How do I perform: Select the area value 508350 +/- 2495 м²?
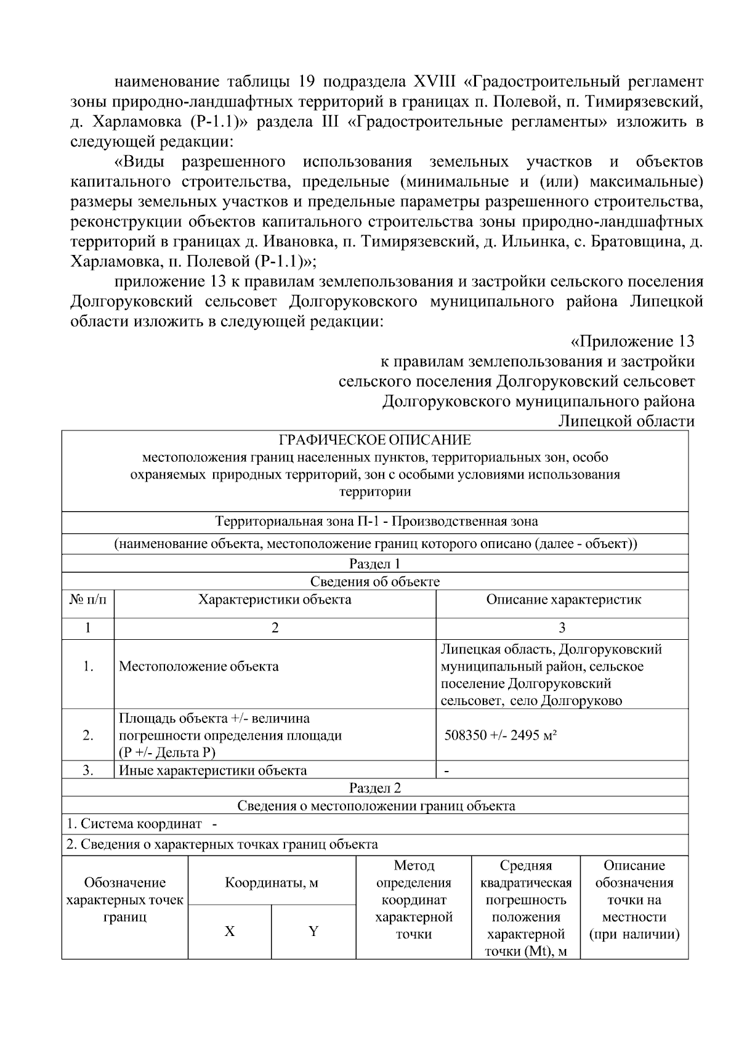pyautogui.click(x=501, y=735)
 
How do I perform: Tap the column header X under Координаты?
pyautogui.click(x=229, y=931)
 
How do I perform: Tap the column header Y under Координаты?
pyautogui.click(x=313, y=931)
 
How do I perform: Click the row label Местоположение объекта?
pyautogui.click(x=198, y=666)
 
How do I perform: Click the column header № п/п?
pyautogui.click(x=87, y=600)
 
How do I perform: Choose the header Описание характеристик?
pyautogui.click(x=563, y=600)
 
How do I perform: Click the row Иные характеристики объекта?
pyautogui.click(x=212, y=770)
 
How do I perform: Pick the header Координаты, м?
pyautogui.click(x=272, y=883)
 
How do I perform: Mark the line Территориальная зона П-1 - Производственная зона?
pyautogui.click(x=376, y=522)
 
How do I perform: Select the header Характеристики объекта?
pyautogui.click(x=275, y=600)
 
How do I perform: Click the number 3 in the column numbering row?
pyautogui.click(x=562, y=628)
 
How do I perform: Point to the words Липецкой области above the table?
pyautogui.click(x=626, y=421)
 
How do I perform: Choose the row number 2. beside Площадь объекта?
pyautogui.click(x=88, y=735)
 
